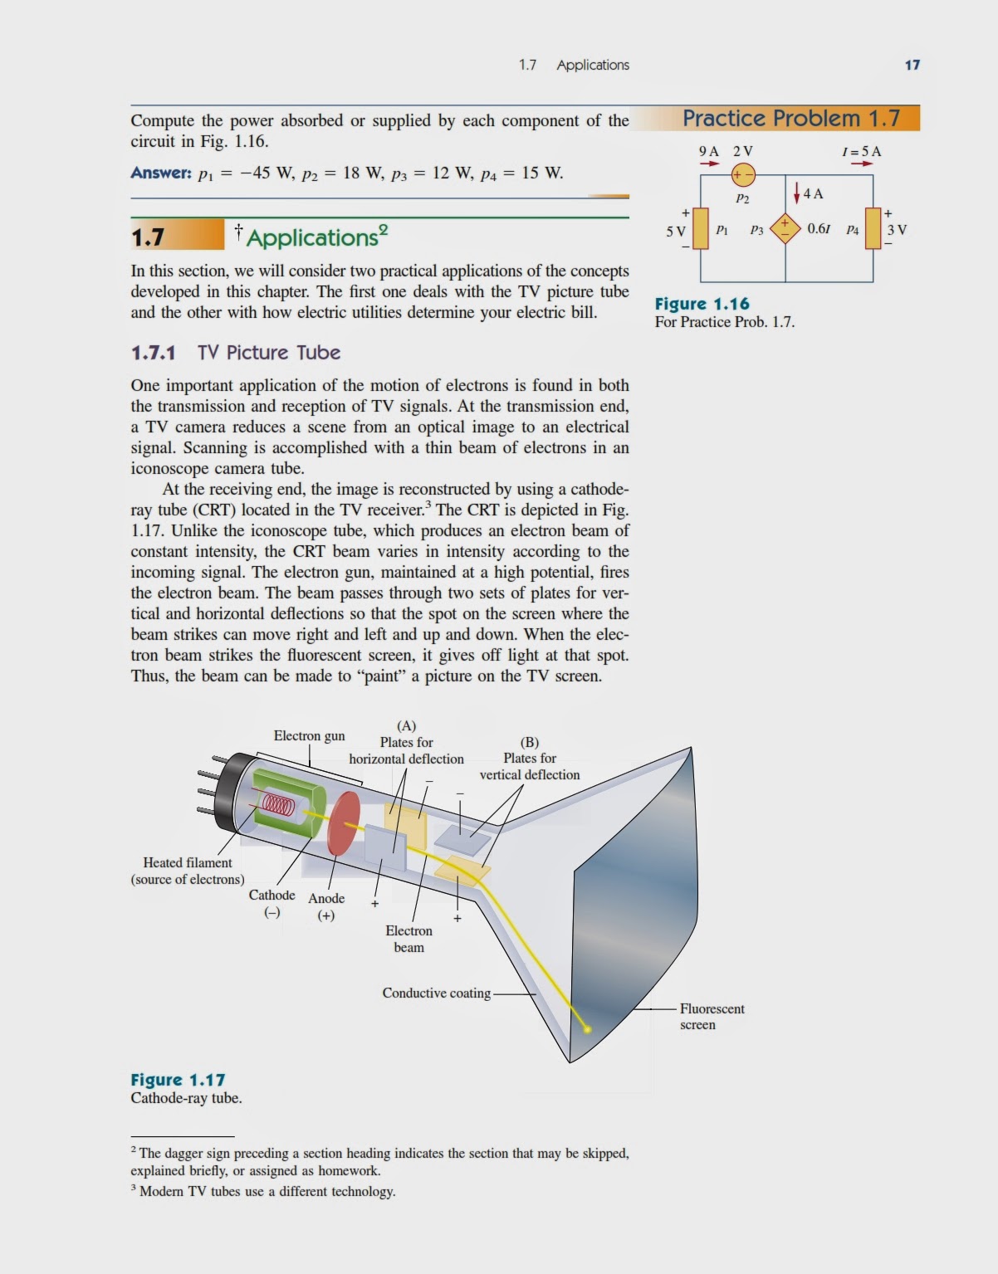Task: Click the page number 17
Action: click(912, 65)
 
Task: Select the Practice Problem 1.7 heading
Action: click(790, 119)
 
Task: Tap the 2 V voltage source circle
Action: click(743, 175)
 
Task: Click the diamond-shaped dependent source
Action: click(785, 228)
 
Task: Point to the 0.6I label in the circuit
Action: click(819, 228)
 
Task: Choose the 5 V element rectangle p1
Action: click(701, 228)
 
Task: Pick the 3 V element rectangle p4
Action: click(873, 228)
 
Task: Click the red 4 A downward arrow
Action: click(797, 193)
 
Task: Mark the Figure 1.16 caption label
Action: click(702, 304)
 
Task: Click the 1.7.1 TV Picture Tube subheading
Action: click(236, 353)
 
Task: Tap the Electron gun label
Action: click(309, 735)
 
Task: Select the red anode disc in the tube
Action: click(343, 823)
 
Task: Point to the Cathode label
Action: click(272, 895)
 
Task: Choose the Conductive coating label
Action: click(436, 993)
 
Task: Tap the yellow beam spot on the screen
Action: click(587, 1029)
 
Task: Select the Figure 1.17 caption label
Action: click(178, 1080)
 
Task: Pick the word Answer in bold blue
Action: click(161, 173)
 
